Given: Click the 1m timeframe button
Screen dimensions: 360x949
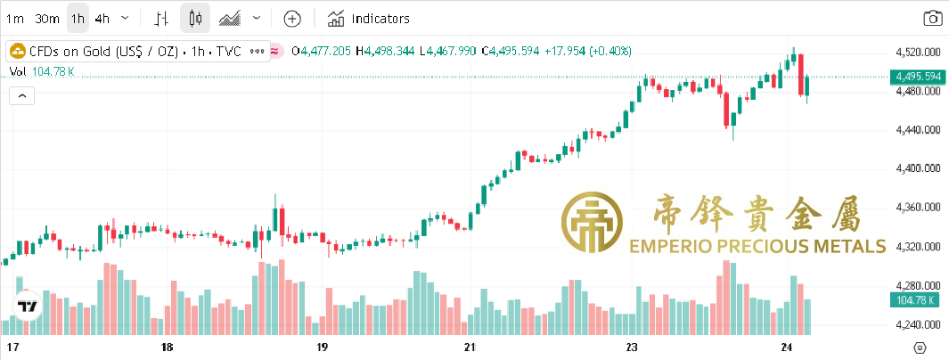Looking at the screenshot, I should [16, 18].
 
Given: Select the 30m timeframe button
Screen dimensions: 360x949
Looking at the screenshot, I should [47, 18].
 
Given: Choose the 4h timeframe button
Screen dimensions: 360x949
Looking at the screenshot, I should [102, 18].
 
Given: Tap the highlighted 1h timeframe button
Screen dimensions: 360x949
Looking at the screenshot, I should [78, 18].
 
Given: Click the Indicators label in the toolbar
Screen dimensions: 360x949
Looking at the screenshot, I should [380, 18].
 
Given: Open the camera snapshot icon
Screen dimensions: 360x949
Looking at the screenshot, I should [932, 18].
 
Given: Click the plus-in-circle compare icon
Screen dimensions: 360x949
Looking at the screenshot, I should [292, 18].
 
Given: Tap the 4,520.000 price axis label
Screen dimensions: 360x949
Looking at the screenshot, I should [918, 52].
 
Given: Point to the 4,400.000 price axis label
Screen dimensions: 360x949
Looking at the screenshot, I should [918, 168].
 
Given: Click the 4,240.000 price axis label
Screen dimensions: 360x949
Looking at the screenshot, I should [918, 325].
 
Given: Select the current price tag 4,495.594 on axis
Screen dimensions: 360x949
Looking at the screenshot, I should [917, 77].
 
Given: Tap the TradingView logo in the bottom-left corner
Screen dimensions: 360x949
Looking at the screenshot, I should [29, 307].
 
